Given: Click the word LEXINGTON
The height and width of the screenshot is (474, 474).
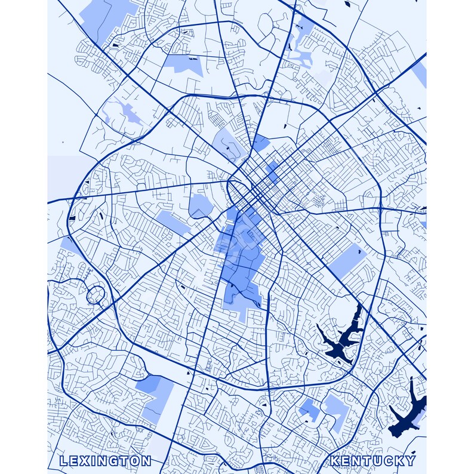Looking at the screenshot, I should coord(105,461).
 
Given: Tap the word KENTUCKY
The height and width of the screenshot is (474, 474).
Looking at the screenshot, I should coord(373,461).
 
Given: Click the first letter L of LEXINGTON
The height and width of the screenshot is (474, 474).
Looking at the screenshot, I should coord(63,461).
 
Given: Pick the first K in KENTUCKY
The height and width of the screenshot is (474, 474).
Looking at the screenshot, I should coord(334,461).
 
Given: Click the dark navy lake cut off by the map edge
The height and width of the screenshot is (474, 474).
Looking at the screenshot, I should coord(409,412).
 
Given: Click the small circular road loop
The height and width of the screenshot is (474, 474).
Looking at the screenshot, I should coord(95,294).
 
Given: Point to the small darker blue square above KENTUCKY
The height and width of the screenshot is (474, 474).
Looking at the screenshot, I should coord(309,410).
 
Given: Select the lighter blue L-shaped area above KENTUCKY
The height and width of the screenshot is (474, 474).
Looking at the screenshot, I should coord(336,412).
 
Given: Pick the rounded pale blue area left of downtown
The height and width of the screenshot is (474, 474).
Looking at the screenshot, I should coord(201,206).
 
